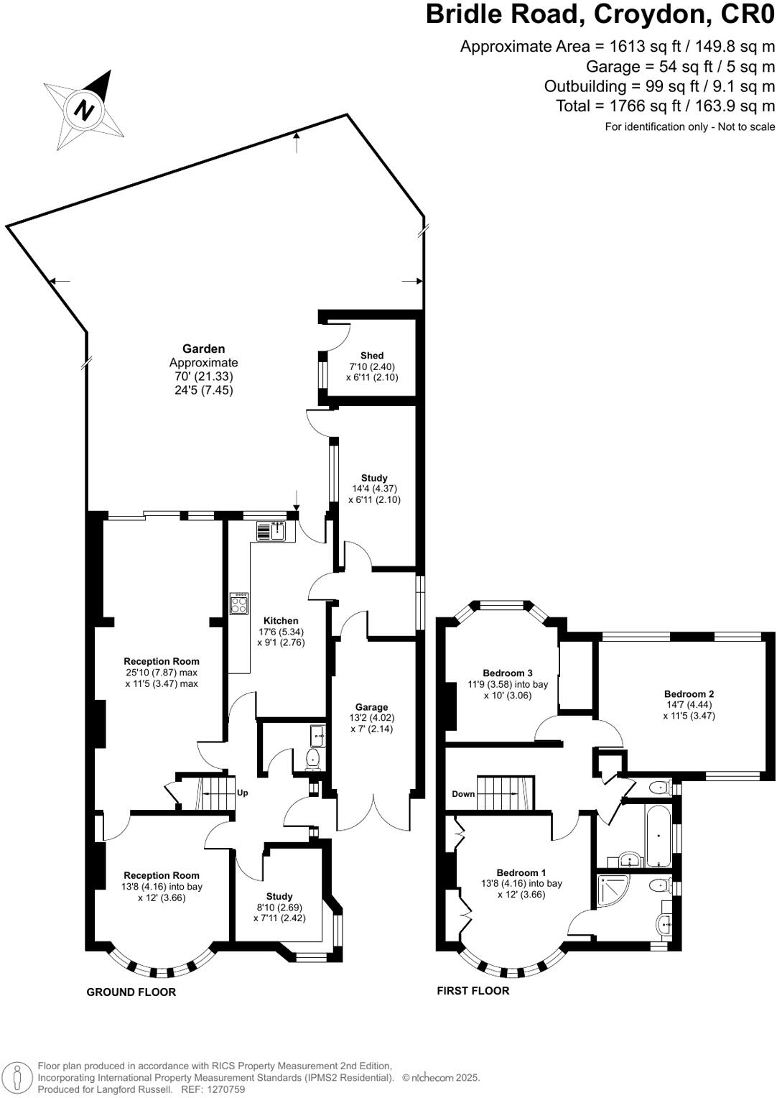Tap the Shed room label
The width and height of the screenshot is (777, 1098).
tap(372, 356)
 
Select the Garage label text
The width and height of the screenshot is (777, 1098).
tap(371, 707)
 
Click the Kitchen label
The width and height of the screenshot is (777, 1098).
tap(281, 621)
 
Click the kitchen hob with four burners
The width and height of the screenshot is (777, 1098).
tap(239, 603)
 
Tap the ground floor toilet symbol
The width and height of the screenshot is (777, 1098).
tap(314, 759)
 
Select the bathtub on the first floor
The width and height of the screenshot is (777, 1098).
tap(658, 836)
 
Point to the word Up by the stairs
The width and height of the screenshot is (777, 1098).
tap(243, 793)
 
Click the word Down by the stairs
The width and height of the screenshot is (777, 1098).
tap(463, 794)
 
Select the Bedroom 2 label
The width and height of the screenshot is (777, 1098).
tap(689, 694)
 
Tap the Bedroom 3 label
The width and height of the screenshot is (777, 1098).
tap(508, 673)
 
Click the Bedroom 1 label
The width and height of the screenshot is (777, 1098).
tap(521, 872)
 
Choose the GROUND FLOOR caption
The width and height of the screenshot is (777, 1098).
tap(131, 992)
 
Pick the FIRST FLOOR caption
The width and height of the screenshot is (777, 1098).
tap(473, 991)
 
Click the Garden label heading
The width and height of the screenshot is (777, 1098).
tap(203, 349)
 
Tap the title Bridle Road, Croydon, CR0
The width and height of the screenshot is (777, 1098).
tap(600, 14)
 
